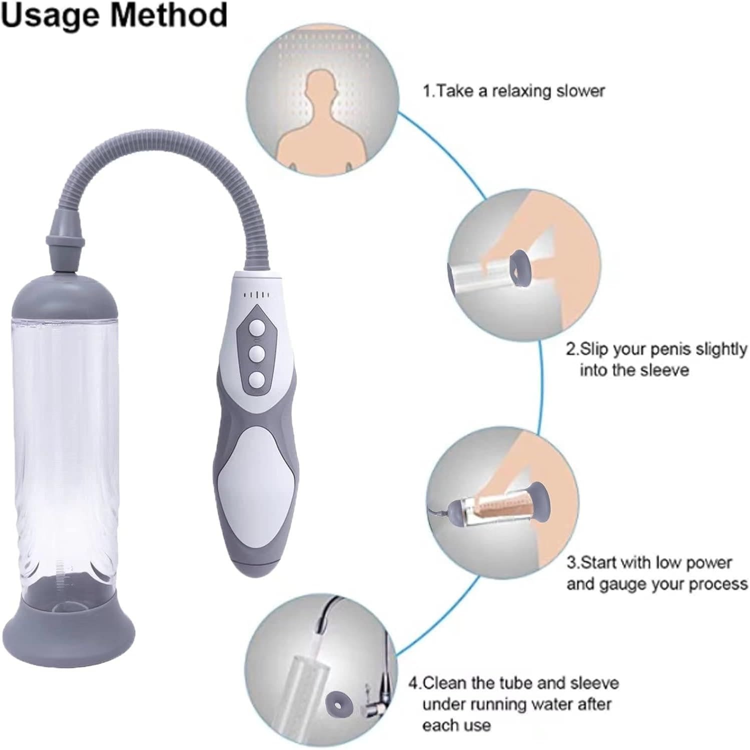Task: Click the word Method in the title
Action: click(x=169, y=14)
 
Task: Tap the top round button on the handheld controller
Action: click(x=257, y=329)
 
